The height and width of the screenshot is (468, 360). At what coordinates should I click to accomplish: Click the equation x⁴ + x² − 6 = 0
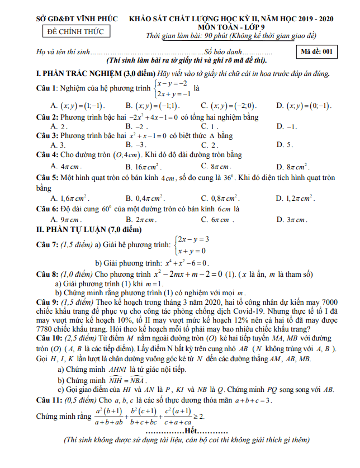(187, 263)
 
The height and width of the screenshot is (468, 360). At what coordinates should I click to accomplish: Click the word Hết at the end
(189, 432)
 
